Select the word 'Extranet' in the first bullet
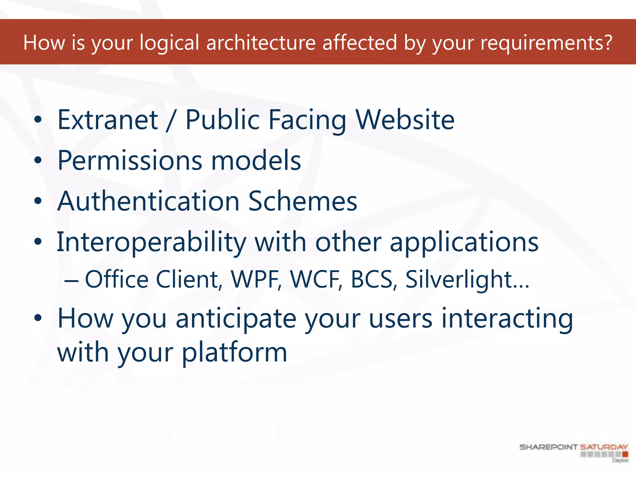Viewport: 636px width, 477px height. point(108,120)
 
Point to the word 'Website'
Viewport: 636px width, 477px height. point(405,120)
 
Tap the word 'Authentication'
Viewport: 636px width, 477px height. point(148,201)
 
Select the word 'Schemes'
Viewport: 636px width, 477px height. point(303,201)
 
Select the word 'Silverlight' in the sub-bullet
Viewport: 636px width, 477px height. point(458,279)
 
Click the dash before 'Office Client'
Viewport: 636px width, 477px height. point(71,281)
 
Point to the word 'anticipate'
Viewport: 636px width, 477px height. point(236,319)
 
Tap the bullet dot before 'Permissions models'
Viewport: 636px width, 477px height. point(38,161)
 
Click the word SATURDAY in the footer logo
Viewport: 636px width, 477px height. point(604,447)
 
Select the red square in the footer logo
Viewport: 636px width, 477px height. point(625,454)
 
